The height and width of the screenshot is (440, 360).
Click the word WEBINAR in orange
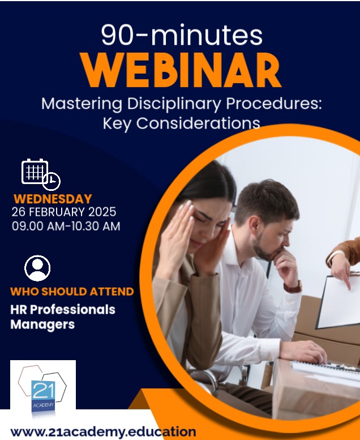click(181, 70)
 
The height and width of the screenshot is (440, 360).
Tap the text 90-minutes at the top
click(182, 35)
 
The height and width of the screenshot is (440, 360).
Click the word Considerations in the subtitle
click(198, 123)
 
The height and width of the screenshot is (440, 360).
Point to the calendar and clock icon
click(41, 174)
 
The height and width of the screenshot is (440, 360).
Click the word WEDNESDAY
click(53, 199)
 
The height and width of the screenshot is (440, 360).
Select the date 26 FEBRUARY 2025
click(64, 212)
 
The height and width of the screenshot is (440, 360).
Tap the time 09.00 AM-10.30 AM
click(66, 226)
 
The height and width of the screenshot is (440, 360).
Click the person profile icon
click(37, 268)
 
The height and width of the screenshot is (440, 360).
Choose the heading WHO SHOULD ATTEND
click(72, 292)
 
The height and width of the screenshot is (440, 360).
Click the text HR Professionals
click(63, 310)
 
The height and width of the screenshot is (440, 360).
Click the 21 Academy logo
click(43, 388)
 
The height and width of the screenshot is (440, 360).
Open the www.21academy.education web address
click(103, 432)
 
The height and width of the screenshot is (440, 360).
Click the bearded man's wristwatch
click(293, 287)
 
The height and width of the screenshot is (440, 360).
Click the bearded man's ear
click(255, 227)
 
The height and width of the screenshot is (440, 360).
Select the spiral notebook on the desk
click(325, 368)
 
